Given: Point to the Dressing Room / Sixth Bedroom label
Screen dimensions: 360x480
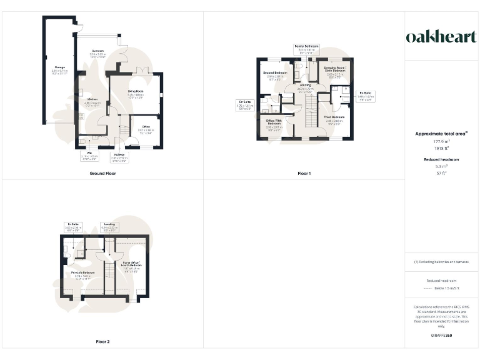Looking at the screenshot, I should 334,69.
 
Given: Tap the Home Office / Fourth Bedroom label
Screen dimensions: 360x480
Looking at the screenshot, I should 131,266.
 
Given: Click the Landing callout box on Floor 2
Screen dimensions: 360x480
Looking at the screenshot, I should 109,226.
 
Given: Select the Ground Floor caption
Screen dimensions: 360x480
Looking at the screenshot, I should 102,173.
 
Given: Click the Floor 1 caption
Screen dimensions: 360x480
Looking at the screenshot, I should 304,173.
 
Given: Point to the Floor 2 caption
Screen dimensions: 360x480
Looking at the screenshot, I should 102,342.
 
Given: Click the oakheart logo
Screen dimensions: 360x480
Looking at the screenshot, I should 441,36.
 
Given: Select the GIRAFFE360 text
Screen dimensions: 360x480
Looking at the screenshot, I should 441,336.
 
